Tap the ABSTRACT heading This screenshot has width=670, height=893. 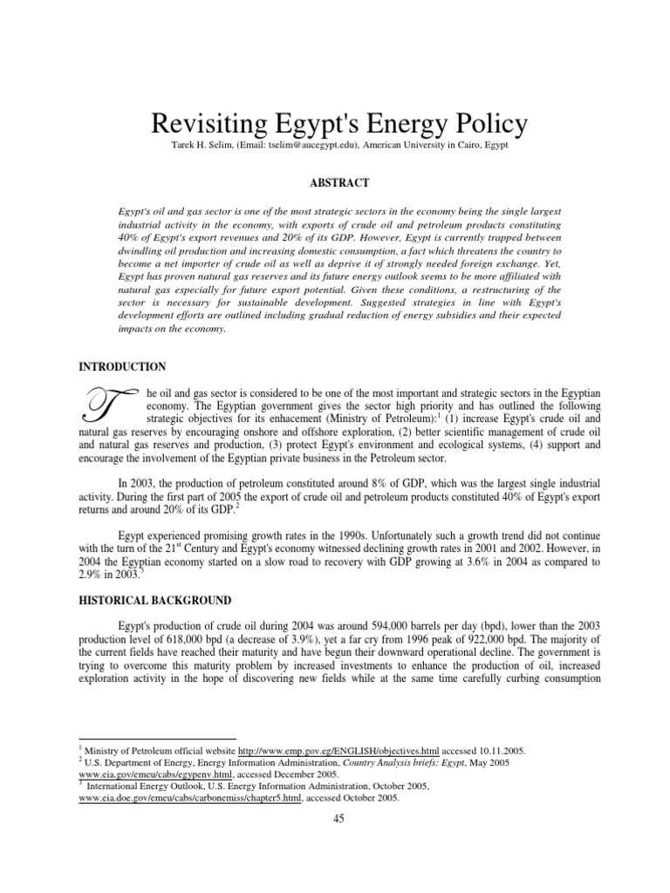[336, 182]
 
